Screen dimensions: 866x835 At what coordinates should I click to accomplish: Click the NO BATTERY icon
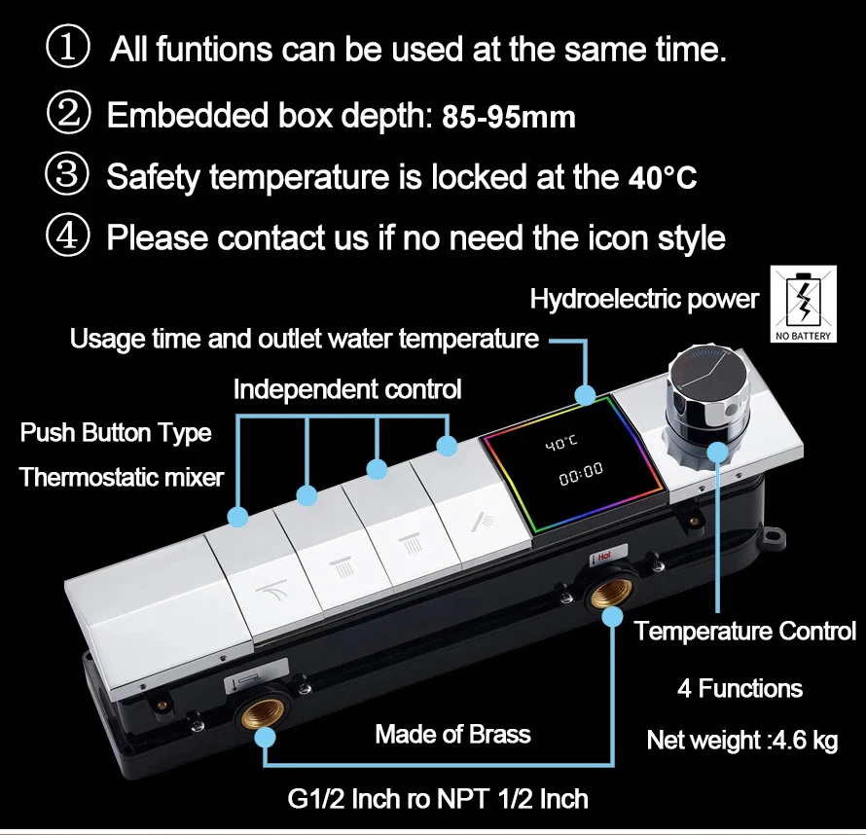point(804,305)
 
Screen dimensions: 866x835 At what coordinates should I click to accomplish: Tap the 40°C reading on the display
point(560,443)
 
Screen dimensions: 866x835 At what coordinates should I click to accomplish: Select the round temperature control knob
point(707,384)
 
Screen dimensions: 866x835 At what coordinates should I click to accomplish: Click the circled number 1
point(68,49)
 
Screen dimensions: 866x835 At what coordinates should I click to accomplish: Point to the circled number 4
point(68,236)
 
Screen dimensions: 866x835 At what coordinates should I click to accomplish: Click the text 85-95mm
point(509,118)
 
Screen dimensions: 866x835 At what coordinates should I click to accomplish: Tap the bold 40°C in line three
point(660,178)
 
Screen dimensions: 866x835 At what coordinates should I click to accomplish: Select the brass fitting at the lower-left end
point(263,710)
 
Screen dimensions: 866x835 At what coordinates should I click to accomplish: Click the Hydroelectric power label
point(643,299)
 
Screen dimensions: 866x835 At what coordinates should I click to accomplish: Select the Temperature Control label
point(745,631)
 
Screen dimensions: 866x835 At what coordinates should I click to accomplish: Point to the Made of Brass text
point(452,734)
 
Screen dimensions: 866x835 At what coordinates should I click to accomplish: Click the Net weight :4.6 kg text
point(741,741)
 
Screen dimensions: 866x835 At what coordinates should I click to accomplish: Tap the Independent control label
point(347,389)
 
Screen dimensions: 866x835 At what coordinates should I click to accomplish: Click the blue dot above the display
point(584,394)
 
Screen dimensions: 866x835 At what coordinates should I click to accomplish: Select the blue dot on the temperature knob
point(718,451)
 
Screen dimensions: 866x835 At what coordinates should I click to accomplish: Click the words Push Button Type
point(116,432)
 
